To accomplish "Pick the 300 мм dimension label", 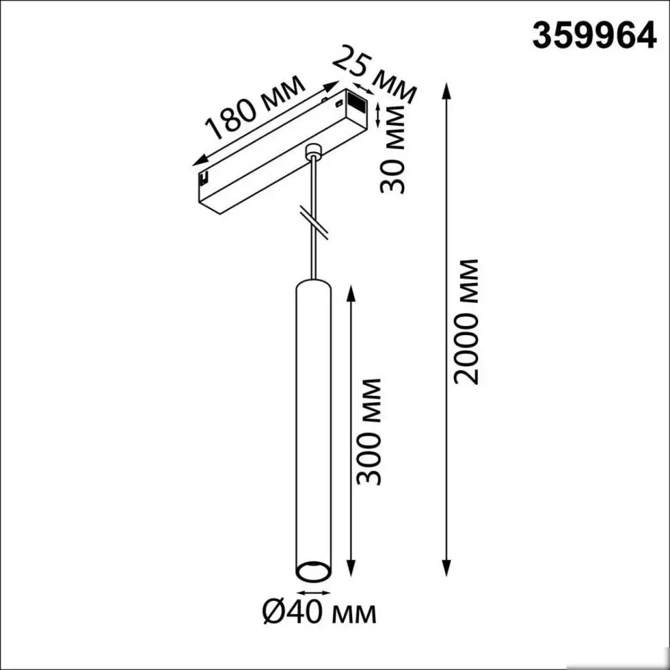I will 370,430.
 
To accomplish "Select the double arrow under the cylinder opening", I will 313,593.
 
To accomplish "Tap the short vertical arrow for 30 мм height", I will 378,114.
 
